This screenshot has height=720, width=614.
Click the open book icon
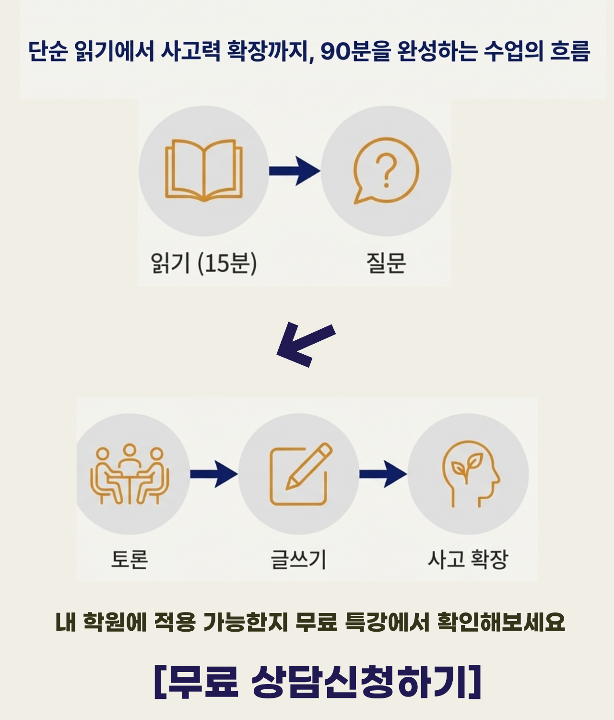(x=204, y=170)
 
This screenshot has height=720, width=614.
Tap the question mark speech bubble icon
(x=386, y=170)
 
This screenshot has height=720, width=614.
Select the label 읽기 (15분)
(x=204, y=263)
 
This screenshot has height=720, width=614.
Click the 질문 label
(x=386, y=263)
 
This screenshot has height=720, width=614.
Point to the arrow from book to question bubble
(x=294, y=170)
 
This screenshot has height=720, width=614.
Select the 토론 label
(x=130, y=559)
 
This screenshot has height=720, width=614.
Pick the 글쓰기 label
(x=298, y=559)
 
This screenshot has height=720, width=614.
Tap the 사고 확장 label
(x=468, y=559)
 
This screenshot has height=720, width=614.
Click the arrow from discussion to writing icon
(x=214, y=474)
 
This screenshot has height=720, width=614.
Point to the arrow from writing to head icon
(x=383, y=474)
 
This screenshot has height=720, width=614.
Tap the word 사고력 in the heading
(x=190, y=51)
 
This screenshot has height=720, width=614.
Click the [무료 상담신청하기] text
(x=318, y=682)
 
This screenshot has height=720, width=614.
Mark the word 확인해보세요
(x=501, y=623)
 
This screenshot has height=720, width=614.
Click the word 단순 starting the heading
(x=47, y=51)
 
